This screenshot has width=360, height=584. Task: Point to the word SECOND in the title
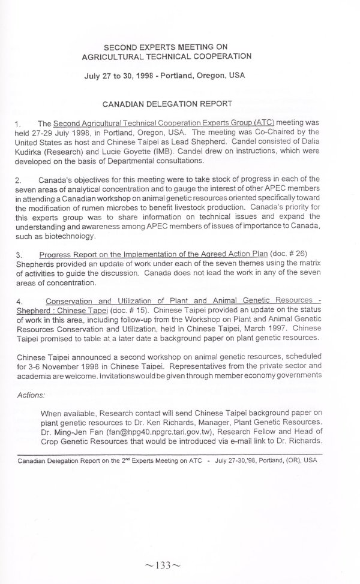click(123, 46)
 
